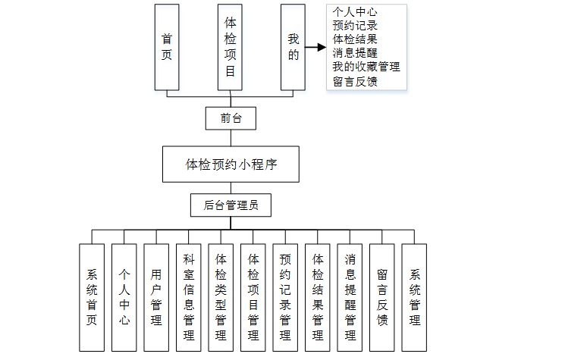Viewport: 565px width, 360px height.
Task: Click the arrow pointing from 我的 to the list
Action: click(x=315, y=53)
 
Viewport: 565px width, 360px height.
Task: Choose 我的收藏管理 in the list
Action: click(x=366, y=67)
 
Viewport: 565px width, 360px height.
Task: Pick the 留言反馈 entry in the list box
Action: click(x=355, y=80)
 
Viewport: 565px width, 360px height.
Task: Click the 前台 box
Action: click(x=231, y=117)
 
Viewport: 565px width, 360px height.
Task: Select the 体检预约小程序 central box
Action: click(x=231, y=164)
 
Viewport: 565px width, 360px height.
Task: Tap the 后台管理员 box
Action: click(x=231, y=205)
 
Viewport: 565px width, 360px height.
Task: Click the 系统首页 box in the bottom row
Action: click(x=92, y=296)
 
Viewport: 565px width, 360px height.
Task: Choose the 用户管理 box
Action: click(x=156, y=296)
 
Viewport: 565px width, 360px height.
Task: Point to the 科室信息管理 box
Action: click(x=188, y=296)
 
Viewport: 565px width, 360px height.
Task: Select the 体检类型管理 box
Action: click(x=221, y=296)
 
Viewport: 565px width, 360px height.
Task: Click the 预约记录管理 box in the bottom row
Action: click(x=285, y=296)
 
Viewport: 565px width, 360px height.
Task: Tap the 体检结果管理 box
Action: click(x=318, y=296)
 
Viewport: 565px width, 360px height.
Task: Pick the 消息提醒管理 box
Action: click(x=350, y=296)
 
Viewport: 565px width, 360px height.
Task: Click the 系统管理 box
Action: click(x=414, y=296)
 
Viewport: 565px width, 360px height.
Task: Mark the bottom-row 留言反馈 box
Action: click(x=382, y=296)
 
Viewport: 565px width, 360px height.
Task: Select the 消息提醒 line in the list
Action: click(x=355, y=53)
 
